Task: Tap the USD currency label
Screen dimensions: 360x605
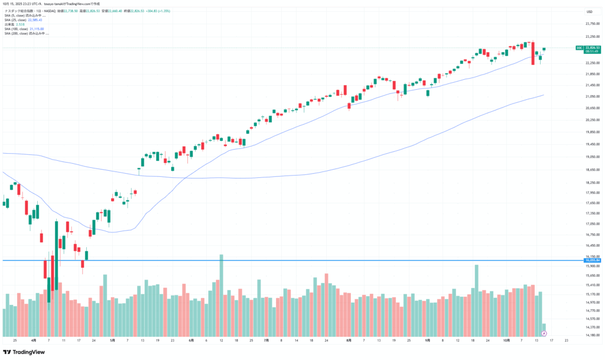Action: coord(589,12)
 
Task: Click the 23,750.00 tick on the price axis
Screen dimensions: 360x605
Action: coord(592,24)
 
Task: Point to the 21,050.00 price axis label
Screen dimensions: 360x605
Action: coord(592,96)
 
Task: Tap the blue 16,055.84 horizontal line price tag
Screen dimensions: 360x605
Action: coord(592,260)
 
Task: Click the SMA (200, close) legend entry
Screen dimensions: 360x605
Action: coord(27,33)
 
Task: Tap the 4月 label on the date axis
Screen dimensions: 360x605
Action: coord(34,340)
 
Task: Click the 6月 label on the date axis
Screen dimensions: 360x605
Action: coord(191,340)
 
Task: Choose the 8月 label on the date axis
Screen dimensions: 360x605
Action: coord(349,340)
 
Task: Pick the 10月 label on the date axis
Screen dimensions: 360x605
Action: coord(506,340)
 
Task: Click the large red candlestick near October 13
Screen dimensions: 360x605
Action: coord(533,53)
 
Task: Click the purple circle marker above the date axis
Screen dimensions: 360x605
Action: coord(544,334)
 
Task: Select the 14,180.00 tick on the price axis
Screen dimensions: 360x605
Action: coord(592,335)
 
